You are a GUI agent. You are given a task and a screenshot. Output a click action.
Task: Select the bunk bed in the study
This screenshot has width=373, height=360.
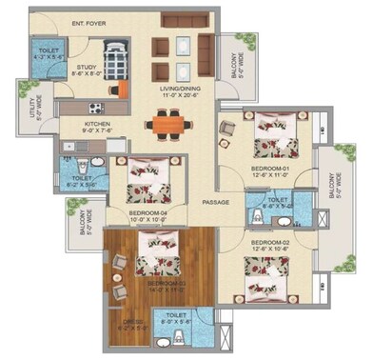coord(115,56)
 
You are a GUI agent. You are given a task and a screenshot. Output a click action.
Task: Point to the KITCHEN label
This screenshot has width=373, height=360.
coord(100,124)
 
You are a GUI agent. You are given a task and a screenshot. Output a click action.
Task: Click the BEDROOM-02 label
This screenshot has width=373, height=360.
coord(269,243)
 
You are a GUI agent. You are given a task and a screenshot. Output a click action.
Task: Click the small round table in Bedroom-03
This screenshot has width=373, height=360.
coord(119,283)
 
